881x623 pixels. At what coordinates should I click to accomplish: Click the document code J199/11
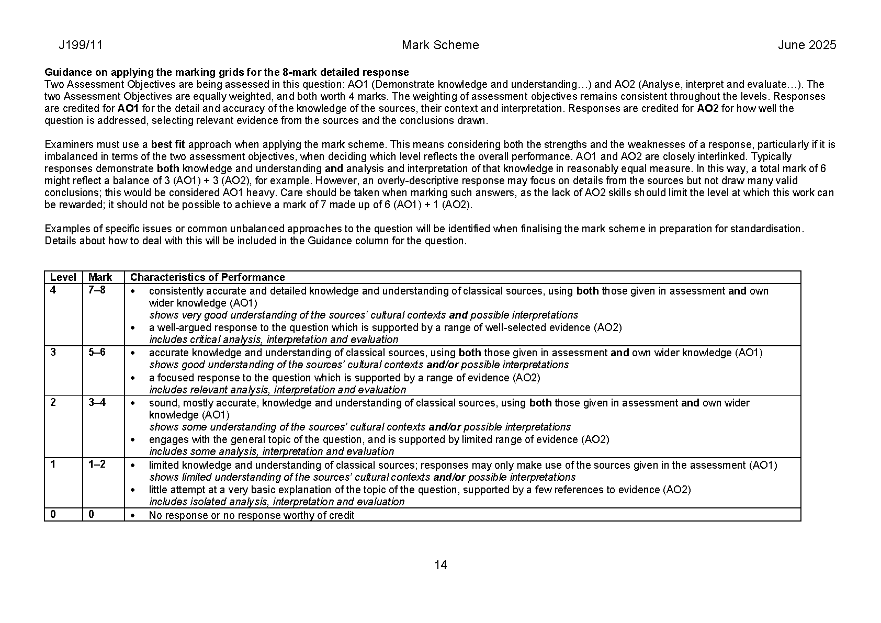pyautogui.click(x=81, y=45)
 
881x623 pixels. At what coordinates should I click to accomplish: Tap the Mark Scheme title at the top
pyautogui.click(x=440, y=45)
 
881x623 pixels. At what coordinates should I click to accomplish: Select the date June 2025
pyautogui.click(x=807, y=45)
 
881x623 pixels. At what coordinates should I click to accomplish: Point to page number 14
pyautogui.click(x=440, y=565)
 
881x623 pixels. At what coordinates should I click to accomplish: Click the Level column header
pyautogui.click(x=63, y=277)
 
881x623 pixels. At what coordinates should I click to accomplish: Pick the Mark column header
pyautogui.click(x=100, y=277)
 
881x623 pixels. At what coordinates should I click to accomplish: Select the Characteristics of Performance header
pyautogui.click(x=207, y=277)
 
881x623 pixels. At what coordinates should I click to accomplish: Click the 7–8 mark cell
pyautogui.click(x=97, y=290)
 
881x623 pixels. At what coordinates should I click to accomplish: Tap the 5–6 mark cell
pyautogui.click(x=97, y=352)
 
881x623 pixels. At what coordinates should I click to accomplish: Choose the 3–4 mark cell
pyautogui.click(x=97, y=402)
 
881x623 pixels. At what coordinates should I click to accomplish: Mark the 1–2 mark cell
pyautogui.click(x=97, y=465)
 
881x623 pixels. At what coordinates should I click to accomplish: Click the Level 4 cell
pyautogui.click(x=53, y=290)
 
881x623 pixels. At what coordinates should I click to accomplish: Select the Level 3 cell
pyautogui.click(x=53, y=352)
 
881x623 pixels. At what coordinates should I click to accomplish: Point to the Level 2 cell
pyautogui.click(x=53, y=402)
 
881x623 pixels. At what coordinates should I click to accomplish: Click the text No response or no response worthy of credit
pyautogui.click(x=251, y=515)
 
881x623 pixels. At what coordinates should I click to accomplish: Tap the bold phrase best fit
pyautogui.click(x=168, y=144)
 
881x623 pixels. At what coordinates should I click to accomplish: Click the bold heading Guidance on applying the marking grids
pyautogui.click(x=227, y=72)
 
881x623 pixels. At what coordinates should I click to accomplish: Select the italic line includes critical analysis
pyautogui.click(x=274, y=339)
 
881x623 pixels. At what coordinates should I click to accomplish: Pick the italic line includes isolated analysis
pyautogui.click(x=277, y=502)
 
